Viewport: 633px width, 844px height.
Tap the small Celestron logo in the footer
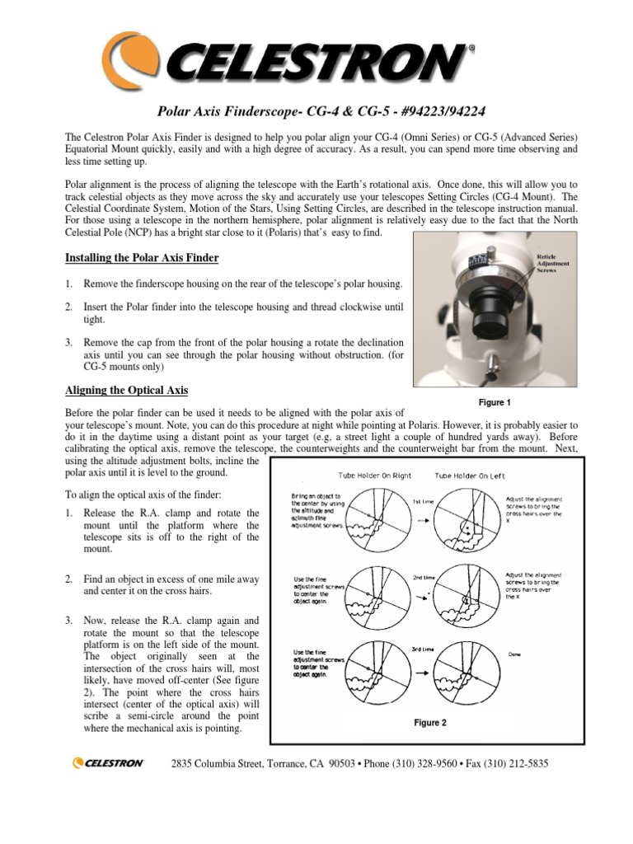[108, 763]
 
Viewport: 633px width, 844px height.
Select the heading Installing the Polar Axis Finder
[142, 258]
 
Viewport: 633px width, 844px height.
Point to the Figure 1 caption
[495, 402]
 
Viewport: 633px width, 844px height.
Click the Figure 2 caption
[429, 723]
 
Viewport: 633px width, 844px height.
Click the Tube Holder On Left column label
[470, 476]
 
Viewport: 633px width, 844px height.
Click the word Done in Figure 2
[516, 656]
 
